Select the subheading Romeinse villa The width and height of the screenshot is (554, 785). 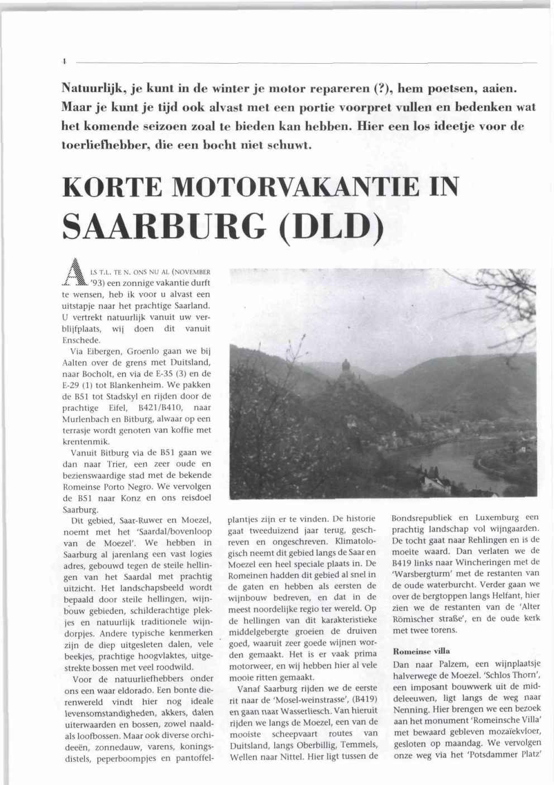(x=421, y=651)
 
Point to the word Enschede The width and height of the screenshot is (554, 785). (x=81, y=340)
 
